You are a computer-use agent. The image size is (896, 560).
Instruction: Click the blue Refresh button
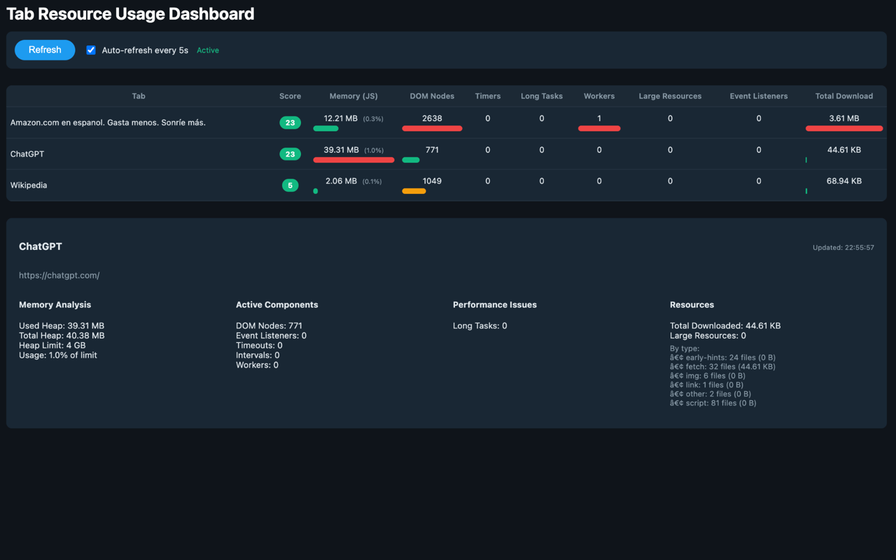pyautogui.click(x=45, y=50)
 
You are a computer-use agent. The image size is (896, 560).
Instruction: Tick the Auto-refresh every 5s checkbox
pyautogui.click(x=91, y=50)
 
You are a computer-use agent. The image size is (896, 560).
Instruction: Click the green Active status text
pyautogui.click(x=208, y=50)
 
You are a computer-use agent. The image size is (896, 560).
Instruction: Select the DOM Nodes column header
pyautogui.click(x=432, y=96)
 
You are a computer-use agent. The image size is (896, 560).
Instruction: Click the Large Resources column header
pyautogui.click(x=670, y=96)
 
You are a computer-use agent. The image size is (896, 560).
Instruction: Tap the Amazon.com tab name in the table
pyautogui.click(x=108, y=122)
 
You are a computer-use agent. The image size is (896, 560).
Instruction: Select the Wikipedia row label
pyautogui.click(x=29, y=185)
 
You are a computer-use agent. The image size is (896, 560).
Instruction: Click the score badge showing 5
pyautogui.click(x=290, y=185)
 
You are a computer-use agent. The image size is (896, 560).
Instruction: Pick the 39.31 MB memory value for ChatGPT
pyautogui.click(x=341, y=150)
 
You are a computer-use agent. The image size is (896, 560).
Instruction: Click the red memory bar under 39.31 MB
pyautogui.click(x=353, y=160)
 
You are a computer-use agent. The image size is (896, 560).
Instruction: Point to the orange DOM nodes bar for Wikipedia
pyautogui.click(x=414, y=191)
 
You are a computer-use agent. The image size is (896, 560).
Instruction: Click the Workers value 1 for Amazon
pyautogui.click(x=599, y=118)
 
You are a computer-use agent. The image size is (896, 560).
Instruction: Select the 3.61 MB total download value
pyautogui.click(x=844, y=118)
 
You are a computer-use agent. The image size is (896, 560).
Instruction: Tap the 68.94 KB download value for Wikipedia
pyautogui.click(x=844, y=181)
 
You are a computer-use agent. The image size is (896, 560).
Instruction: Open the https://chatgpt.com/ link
pyautogui.click(x=59, y=276)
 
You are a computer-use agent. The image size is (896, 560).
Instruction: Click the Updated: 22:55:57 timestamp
pyautogui.click(x=843, y=248)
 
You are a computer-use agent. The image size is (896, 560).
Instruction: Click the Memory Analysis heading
pyautogui.click(x=55, y=304)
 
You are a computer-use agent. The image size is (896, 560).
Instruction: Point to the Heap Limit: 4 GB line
pyautogui.click(x=52, y=345)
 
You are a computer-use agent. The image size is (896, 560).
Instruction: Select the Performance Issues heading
pyautogui.click(x=495, y=304)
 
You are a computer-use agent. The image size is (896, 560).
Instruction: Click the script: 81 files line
pyautogui.click(x=713, y=403)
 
